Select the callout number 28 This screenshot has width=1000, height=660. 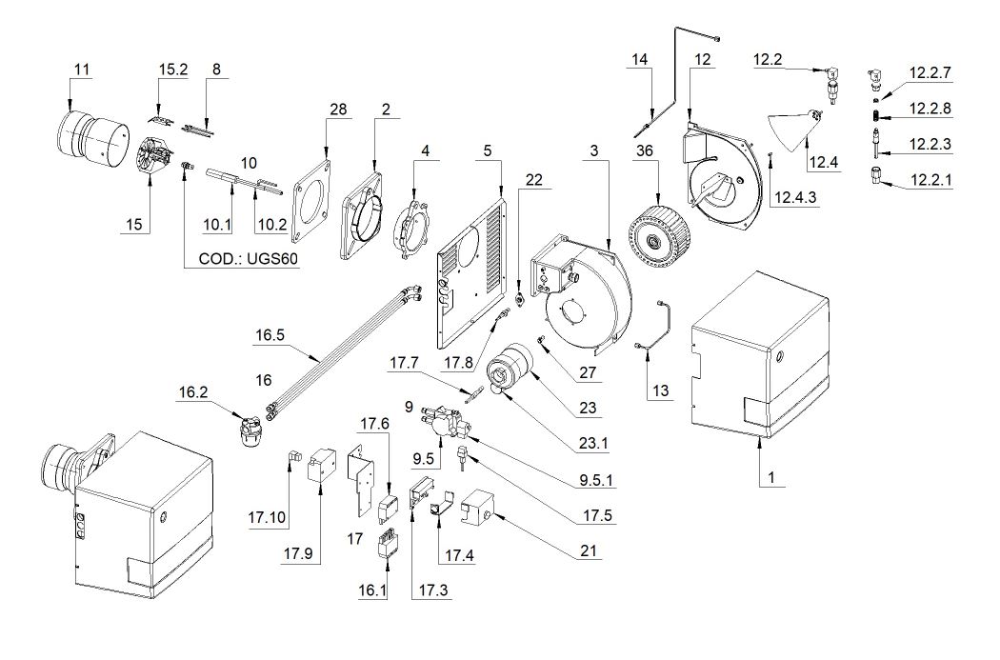[x=338, y=110]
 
